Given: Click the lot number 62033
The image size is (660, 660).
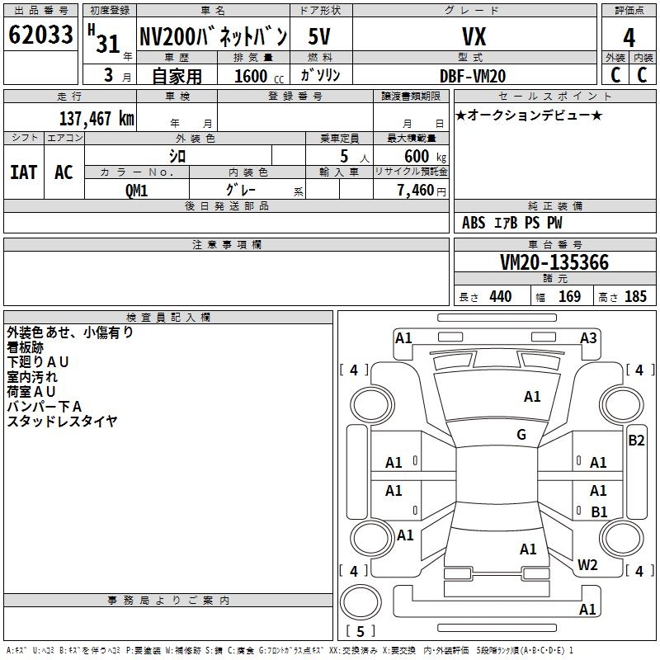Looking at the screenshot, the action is pyautogui.click(x=40, y=35).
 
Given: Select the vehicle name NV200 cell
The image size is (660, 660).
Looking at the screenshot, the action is pyautogui.click(x=213, y=36).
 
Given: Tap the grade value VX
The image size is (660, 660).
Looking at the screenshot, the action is pyautogui.click(x=474, y=36).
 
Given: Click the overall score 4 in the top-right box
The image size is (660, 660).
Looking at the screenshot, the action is pyautogui.click(x=629, y=38).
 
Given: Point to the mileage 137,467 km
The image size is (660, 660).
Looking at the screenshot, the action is pyautogui.click(x=97, y=118).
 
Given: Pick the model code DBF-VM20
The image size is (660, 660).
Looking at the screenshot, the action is pyautogui.click(x=474, y=76).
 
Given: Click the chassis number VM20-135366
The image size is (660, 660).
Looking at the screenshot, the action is pyautogui.click(x=554, y=263).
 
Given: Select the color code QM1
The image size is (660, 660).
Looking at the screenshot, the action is pyautogui.click(x=136, y=190).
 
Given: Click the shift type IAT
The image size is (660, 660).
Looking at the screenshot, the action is pyautogui.click(x=23, y=172).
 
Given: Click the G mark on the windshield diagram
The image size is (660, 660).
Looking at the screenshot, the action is pyautogui.click(x=521, y=435).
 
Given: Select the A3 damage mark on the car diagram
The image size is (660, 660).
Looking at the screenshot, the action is pyautogui.click(x=588, y=337).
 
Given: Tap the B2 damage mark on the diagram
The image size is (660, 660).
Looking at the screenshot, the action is pyautogui.click(x=636, y=440).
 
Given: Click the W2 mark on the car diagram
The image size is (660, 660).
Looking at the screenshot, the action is pyautogui.click(x=587, y=565).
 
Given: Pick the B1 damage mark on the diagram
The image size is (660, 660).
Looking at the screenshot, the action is pyautogui.click(x=599, y=511).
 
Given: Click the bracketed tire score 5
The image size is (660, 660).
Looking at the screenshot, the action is pyautogui.click(x=360, y=632).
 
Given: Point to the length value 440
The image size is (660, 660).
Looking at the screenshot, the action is pyautogui.click(x=500, y=297).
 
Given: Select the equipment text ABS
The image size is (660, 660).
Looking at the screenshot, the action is pyautogui.click(x=474, y=223).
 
